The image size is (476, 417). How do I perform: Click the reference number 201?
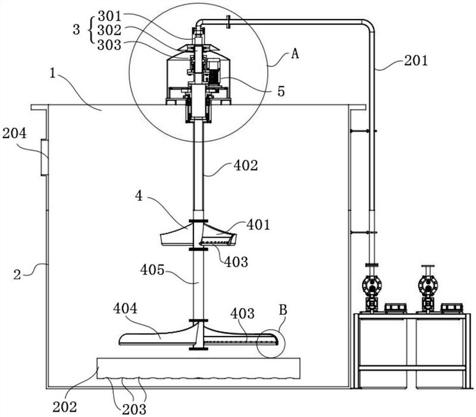tap(415, 60)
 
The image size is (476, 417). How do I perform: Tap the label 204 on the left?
tap(14, 133)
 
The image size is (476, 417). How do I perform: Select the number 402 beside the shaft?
tap(246, 166)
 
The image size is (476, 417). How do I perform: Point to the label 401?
tap(258, 225)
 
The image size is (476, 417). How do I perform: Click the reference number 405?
tap(152, 270)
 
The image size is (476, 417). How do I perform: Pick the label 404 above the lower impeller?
tap(125, 309)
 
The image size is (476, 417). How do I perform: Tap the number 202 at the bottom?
tap(65, 407)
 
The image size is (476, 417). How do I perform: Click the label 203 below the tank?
tap(134, 410)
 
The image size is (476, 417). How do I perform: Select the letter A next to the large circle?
tap(295, 54)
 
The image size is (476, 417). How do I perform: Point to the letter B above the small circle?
tap(283, 310)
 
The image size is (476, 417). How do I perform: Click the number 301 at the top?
tap(109, 16)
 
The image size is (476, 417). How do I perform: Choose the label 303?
tap(109, 45)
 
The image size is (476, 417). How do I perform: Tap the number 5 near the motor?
tap(281, 91)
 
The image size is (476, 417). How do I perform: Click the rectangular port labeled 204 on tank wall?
tap(45, 157)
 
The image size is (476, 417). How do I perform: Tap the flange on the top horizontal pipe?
tap(228, 22)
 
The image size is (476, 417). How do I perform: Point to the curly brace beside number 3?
tap(90, 30)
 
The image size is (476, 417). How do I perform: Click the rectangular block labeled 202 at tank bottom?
tap(198, 368)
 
